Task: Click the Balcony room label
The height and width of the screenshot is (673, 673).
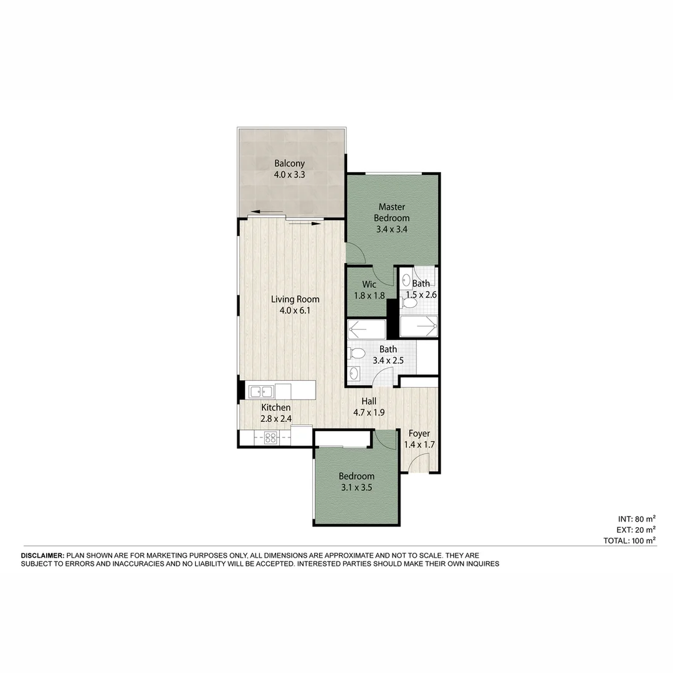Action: click(x=289, y=164)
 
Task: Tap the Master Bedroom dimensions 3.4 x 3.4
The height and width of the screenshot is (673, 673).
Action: click(x=391, y=229)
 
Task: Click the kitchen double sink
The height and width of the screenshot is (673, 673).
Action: click(x=261, y=391)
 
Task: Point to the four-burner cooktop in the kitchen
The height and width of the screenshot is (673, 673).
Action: click(x=270, y=437)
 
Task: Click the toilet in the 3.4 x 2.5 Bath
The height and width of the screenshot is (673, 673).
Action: click(x=356, y=353)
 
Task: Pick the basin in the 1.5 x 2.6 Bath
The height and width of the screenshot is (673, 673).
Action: click(x=406, y=279)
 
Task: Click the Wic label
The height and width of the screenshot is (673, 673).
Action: click(x=370, y=284)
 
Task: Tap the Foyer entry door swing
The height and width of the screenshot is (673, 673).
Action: click(x=421, y=462)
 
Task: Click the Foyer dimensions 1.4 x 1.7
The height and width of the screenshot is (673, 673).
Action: click(x=419, y=445)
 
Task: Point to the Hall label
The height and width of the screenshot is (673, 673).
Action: click(x=368, y=401)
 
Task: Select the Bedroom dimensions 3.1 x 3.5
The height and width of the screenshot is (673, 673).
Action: click(x=356, y=488)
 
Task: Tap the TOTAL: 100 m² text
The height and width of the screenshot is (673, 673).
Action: click(x=629, y=540)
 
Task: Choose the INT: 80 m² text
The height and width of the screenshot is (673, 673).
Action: click(x=636, y=518)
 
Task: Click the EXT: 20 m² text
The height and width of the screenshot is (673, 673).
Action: click(x=636, y=530)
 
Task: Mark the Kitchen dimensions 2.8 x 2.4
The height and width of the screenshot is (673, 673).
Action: click(x=276, y=419)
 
